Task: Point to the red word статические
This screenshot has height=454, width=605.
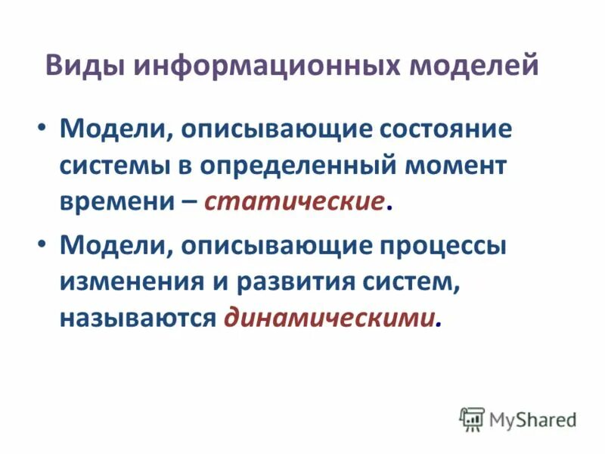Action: (294, 202)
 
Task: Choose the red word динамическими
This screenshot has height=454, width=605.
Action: (330, 319)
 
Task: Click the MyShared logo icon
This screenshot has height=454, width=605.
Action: (472, 418)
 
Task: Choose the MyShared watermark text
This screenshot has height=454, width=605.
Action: (533, 418)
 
